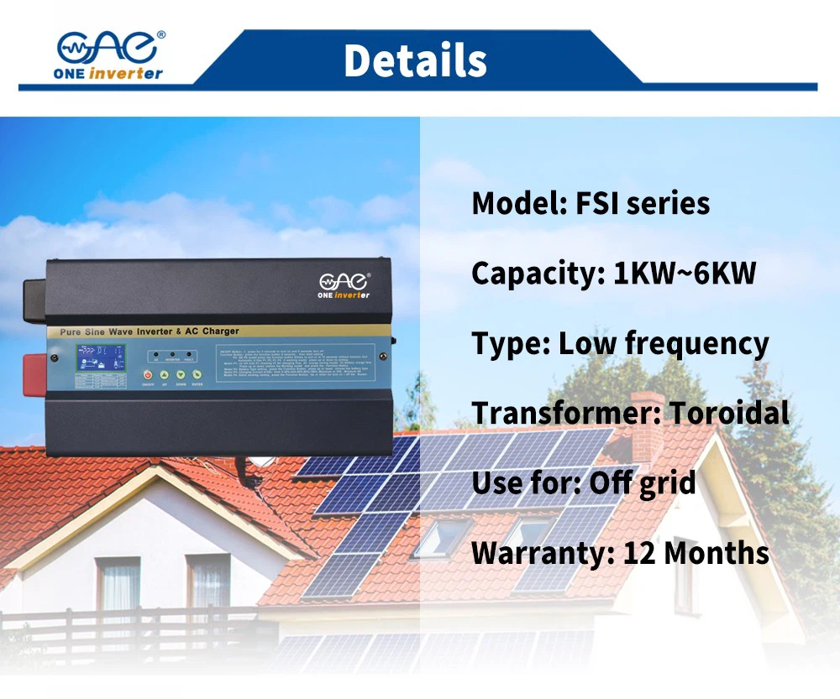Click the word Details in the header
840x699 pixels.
(x=415, y=60)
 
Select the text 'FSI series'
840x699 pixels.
(x=643, y=204)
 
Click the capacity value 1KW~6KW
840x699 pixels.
(x=685, y=274)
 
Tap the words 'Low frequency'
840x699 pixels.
(x=664, y=344)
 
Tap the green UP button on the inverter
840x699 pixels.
(x=165, y=374)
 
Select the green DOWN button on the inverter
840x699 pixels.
(x=181, y=374)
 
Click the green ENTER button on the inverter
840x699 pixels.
(x=197, y=374)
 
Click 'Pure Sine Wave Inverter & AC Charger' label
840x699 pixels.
(x=149, y=332)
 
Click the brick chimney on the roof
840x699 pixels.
(x=647, y=420)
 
